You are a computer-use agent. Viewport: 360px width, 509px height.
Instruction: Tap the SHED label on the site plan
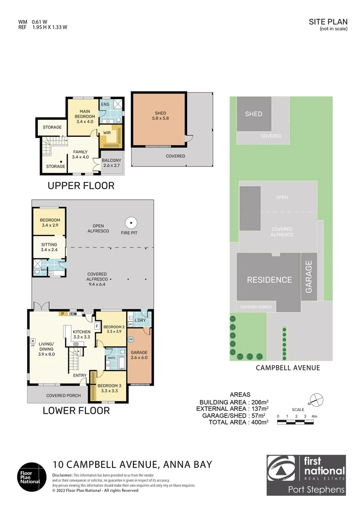254,114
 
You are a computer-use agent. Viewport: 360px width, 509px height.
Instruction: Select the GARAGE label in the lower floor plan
139,355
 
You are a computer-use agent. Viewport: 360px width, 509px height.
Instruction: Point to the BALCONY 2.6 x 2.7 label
112,163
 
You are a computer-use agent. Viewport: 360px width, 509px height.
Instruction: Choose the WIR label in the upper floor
107,133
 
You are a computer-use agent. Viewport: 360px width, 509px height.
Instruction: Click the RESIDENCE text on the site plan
270,279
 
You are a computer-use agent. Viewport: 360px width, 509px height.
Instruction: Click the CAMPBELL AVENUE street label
287,368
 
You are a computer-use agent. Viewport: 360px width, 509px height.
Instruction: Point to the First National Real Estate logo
306,475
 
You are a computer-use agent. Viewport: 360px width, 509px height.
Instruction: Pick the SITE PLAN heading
328,22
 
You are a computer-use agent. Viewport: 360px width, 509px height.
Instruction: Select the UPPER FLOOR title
81,186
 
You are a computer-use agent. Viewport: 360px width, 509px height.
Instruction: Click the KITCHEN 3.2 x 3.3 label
81,335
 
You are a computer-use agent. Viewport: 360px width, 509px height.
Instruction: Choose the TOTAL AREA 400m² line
238,422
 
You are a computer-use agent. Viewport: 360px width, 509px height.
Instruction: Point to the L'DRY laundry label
139,320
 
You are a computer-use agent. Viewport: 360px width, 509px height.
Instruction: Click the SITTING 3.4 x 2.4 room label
49,247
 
